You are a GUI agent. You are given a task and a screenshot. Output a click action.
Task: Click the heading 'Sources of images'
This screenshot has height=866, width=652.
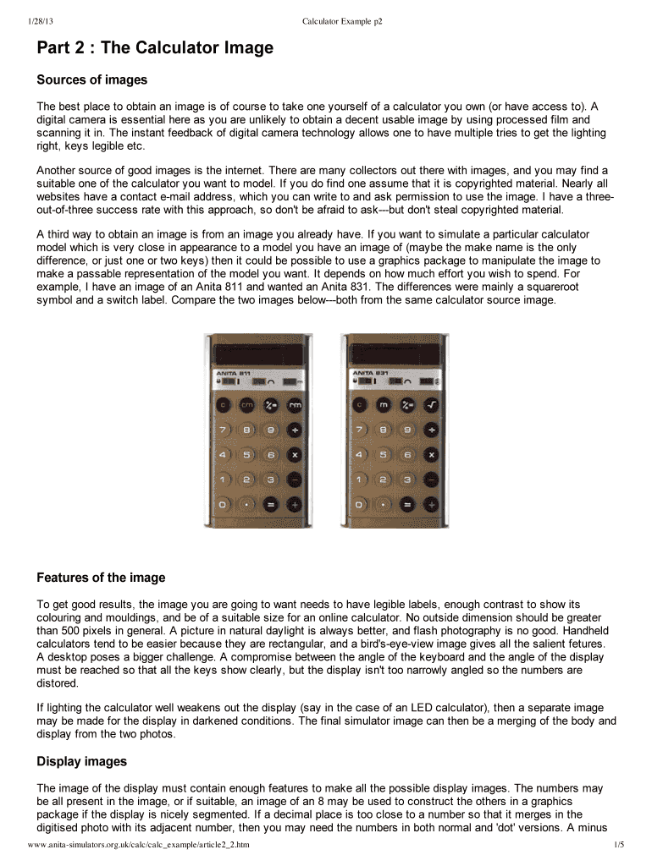(x=91, y=80)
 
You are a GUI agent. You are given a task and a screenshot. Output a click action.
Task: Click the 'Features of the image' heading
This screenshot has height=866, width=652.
(x=101, y=578)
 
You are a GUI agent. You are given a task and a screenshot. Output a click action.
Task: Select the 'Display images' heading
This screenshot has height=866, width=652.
(x=81, y=762)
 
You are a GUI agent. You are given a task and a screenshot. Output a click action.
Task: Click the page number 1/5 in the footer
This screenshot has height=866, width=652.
(x=618, y=845)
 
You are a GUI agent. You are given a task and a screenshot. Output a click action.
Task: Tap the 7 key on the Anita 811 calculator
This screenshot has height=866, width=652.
(x=224, y=430)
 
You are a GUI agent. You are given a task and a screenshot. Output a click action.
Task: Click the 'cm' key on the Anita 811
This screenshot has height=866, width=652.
(x=247, y=405)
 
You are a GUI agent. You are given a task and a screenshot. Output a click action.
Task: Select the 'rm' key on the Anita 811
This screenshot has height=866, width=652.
(x=295, y=405)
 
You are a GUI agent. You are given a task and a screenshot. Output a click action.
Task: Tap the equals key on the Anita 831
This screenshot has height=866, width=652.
(x=408, y=505)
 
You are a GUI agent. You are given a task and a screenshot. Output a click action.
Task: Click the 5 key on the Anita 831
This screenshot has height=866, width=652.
(x=384, y=454)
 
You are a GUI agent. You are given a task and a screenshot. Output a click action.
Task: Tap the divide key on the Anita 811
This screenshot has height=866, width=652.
(x=295, y=430)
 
